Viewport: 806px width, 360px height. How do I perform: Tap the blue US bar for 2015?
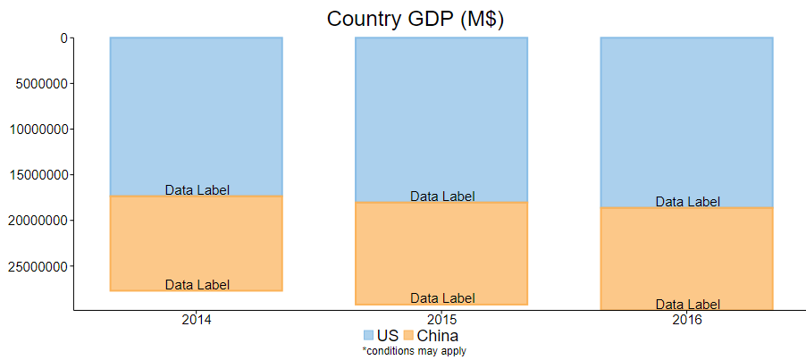pyautogui.click(x=441, y=116)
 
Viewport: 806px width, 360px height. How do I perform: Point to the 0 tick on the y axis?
pyautogui.click(x=63, y=38)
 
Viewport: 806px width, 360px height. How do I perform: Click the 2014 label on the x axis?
pyautogui.click(x=197, y=320)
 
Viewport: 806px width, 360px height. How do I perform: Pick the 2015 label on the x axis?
pyautogui.click(x=441, y=320)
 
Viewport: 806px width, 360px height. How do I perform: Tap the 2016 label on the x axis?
pyautogui.click(x=686, y=320)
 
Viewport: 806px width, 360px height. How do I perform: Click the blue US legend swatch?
pyautogui.click(x=368, y=336)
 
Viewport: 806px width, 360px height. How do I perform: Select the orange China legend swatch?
pyautogui.click(x=408, y=336)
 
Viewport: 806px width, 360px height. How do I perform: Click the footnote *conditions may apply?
pyautogui.click(x=414, y=351)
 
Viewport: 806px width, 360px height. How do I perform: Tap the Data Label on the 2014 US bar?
pyautogui.click(x=197, y=190)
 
